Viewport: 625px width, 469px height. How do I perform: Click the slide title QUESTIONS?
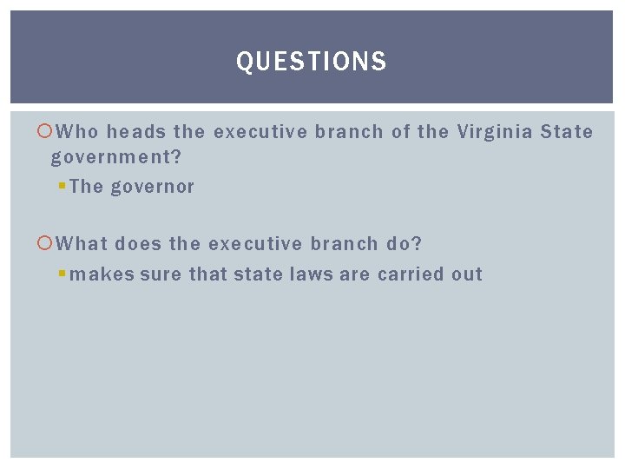(x=312, y=62)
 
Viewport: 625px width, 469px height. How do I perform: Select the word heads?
(x=136, y=132)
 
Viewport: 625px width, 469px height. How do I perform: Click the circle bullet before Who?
(x=46, y=132)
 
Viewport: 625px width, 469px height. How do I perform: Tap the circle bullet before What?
(x=46, y=244)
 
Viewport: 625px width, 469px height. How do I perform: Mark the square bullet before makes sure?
(x=62, y=274)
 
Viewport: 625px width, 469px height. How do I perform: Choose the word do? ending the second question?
(x=405, y=244)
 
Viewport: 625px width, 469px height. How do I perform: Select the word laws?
(x=307, y=274)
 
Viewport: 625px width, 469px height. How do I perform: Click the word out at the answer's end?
(x=467, y=274)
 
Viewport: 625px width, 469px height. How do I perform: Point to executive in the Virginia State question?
(x=260, y=132)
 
